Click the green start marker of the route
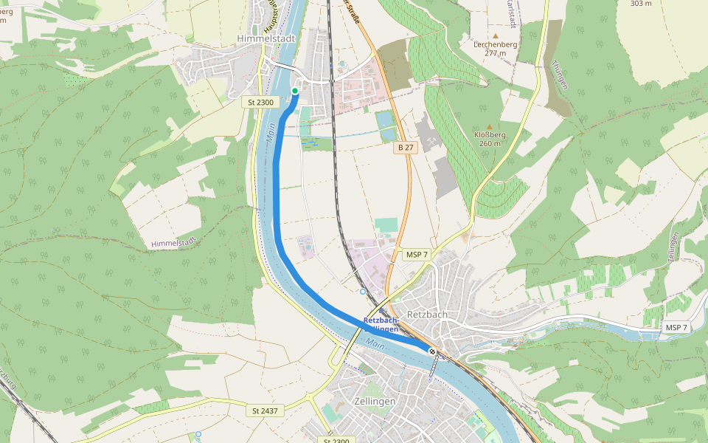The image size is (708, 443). pos(295,91)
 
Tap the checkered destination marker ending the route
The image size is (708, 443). pos(432,351)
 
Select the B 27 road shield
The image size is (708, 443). pos(406,148)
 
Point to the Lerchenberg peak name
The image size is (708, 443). pos(495,44)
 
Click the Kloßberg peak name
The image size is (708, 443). pos(490,134)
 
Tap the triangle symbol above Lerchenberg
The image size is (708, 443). pos(496,35)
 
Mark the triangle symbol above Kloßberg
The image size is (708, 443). pos(490,126)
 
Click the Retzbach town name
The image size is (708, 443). pos(428,315)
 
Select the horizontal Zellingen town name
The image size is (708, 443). pos(375,401)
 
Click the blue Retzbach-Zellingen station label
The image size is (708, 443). pos(381,324)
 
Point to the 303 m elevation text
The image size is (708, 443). pos(641,4)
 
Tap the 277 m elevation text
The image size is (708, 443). pos(496,53)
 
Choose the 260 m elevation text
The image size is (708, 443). pos(490,143)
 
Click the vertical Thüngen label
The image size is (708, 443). pos(559,75)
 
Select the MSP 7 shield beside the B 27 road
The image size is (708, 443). pos(417,255)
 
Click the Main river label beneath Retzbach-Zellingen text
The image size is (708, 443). pos(375,344)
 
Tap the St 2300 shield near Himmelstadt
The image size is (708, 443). pos(263,103)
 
